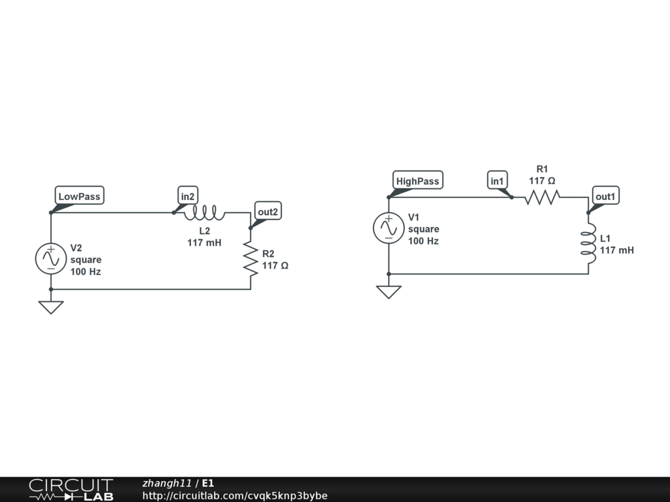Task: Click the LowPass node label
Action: click(79, 196)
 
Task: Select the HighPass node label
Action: click(417, 181)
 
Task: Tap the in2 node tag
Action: click(188, 196)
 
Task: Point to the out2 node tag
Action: click(268, 211)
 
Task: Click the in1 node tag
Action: click(497, 181)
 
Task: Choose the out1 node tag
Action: click(605, 196)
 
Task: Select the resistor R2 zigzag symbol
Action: click(251, 258)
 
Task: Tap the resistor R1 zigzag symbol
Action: click(542, 197)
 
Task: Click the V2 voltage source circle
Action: click(50, 258)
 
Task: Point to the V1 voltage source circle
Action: click(389, 228)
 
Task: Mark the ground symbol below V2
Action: click(50, 307)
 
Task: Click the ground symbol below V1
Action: click(389, 292)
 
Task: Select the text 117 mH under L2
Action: click(204, 243)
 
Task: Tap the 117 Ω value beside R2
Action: click(275, 266)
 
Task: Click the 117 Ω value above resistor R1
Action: click(542, 180)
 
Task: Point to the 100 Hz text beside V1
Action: click(423, 241)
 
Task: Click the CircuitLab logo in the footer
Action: click(71, 490)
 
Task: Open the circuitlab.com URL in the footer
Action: click(235, 496)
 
